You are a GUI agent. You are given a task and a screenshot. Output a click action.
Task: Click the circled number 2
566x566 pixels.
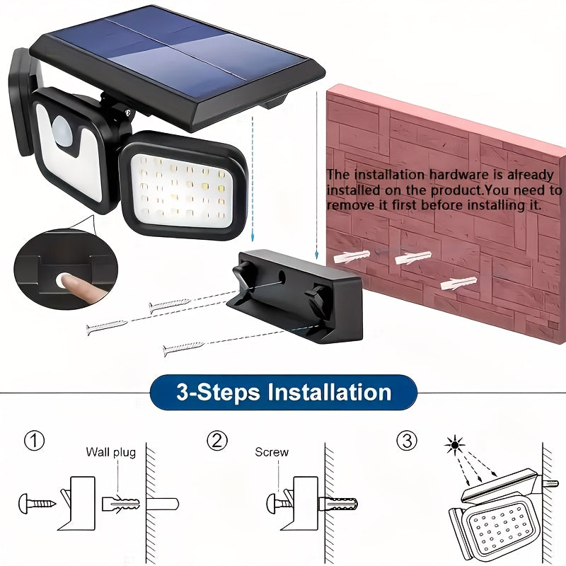click(x=216, y=441)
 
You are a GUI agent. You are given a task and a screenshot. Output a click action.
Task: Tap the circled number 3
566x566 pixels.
click(x=406, y=441)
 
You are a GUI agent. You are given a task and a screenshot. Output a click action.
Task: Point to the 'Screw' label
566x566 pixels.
click(x=272, y=452)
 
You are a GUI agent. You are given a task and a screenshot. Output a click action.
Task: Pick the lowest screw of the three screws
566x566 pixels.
click(x=183, y=347)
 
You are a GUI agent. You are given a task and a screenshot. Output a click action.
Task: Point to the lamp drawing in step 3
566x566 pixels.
click(x=495, y=516)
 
